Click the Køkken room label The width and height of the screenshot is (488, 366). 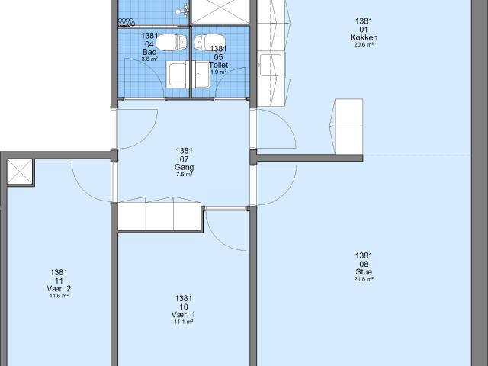[x=364, y=37]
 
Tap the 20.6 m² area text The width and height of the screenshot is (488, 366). [x=364, y=45]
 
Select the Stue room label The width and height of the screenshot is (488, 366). [x=364, y=272]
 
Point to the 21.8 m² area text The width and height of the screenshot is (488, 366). [x=364, y=279]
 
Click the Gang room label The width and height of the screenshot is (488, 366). [x=185, y=168]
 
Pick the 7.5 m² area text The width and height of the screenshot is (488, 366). [x=185, y=175]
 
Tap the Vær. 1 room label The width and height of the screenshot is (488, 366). [x=184, y=315]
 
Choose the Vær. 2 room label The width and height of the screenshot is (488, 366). [x=59, y=288]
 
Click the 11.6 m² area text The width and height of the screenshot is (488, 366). [x=59, y=296]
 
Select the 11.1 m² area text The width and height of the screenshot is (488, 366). [x=184, y=322]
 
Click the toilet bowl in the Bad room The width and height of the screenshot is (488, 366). [x=172, y=43]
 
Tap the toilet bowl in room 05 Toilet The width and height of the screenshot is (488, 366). [x=204, y=43]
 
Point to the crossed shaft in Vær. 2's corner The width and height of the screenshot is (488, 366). [x=20, y=172]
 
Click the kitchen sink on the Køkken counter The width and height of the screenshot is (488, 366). [x=271, y=65]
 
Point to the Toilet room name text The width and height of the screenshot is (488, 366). [x=219, y=65]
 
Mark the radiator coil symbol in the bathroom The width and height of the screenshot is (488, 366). [x=127, y=22]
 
